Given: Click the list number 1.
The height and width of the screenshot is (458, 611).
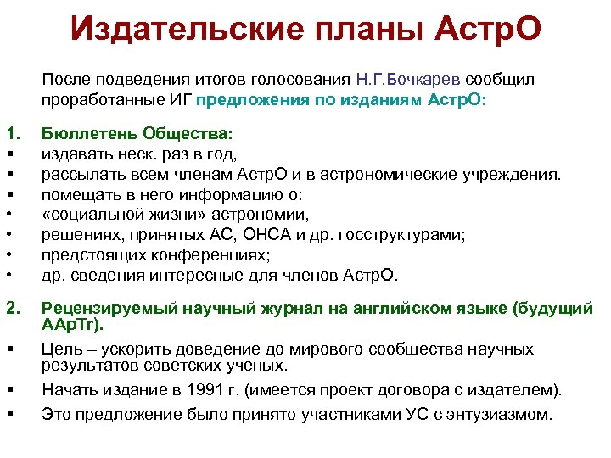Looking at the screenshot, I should [x=12, y=133].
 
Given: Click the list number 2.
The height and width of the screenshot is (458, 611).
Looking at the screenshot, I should [x=12, y=309].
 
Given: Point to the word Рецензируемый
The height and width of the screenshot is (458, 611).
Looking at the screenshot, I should [x=98, y=309].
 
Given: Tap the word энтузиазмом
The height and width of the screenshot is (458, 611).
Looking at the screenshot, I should [x=500, y=415].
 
